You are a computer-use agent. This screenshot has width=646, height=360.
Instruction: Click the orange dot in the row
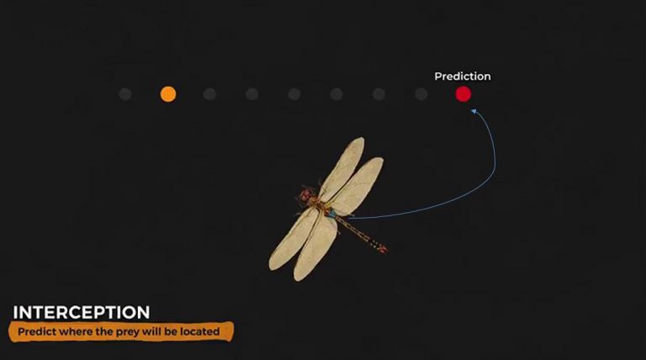point(168,94)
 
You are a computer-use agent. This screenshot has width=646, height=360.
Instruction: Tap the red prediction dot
point(463,94)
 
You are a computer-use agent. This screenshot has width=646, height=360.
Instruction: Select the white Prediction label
point(462,77)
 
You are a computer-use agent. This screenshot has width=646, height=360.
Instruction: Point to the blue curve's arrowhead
point(474,110)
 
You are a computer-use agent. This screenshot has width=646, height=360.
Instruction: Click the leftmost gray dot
point(125,94)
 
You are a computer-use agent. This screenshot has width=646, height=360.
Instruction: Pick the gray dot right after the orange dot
point(209,94)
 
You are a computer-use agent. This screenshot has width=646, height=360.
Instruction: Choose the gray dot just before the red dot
point(421,94)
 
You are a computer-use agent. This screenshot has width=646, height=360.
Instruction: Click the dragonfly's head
point(304,194)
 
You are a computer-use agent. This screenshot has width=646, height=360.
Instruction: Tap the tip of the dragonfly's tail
point(384,250)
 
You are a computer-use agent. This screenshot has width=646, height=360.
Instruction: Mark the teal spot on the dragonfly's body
point(332,213)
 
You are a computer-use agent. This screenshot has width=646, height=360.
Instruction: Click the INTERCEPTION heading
point(82,312)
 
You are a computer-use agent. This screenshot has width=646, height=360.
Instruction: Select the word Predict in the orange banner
point(36,332)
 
